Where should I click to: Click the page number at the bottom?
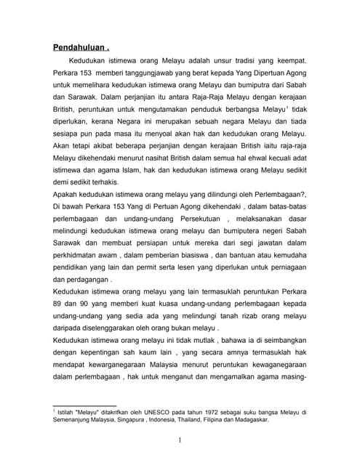(180, 440)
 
